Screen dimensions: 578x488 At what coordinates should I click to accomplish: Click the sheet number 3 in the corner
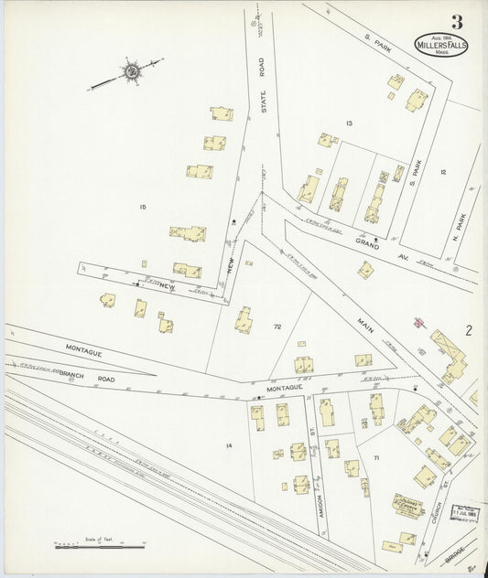pyautogui.click(x=456, y=22)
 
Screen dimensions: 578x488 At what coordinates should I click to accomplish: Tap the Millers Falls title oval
pyautogui.click(x=442, y=46)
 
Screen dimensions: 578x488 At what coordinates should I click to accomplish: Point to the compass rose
pyautogui.click(x=131, y=72)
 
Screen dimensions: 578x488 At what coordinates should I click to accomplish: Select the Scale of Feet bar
pyautogui.click(x=99, y=546)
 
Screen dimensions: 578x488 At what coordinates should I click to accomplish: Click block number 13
pyautogui.click(x=349, y=123)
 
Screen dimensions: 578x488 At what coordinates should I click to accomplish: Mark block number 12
pyautogui.click(x=442, y=172)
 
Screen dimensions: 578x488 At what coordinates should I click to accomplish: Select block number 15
pyautogui.click(x=143, y=208)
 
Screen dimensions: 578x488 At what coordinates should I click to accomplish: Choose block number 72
pyautogui.click(x=277, y=326)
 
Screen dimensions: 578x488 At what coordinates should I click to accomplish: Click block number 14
pyautogui.click(x=229, y=445)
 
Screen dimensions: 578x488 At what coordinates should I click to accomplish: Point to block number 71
pyautogui.click(x=375, y=456)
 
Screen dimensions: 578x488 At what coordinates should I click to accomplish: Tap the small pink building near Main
pyautogui.click(x=418, y=322)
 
